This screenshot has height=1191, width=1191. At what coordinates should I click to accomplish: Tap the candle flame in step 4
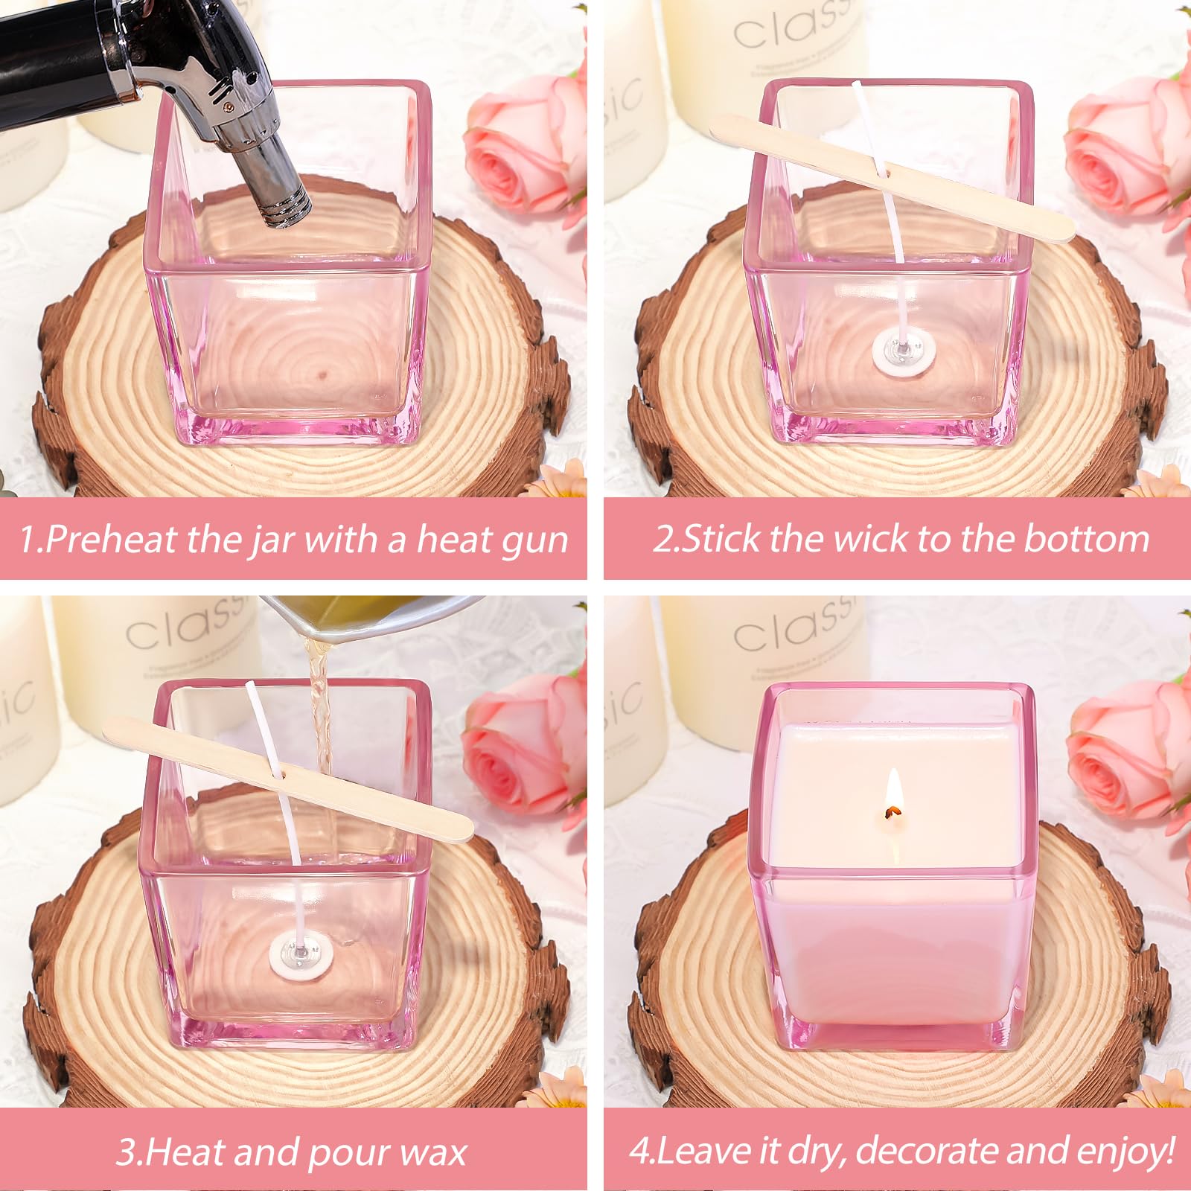(x=894, y=794)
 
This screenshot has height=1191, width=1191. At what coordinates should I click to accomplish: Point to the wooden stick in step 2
(x=893, y=179)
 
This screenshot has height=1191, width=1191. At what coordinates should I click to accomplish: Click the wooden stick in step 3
(x=288, y=779)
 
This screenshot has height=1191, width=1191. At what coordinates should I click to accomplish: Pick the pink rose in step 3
(x=525, y=752)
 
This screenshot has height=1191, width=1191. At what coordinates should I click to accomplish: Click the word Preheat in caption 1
(x=111, y=538)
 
